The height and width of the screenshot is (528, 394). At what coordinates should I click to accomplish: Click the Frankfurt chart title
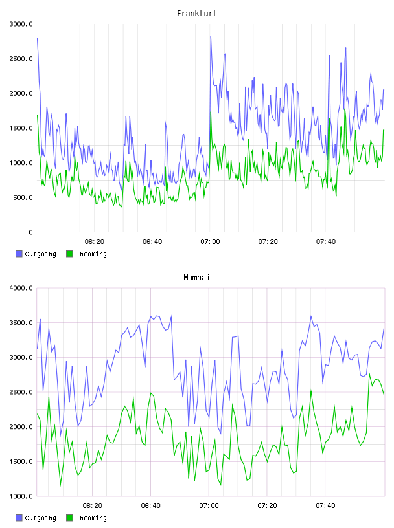[197, 14]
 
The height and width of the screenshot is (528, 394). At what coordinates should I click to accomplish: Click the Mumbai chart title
[196, 278]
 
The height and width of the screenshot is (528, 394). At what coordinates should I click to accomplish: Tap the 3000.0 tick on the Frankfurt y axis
[21, 24]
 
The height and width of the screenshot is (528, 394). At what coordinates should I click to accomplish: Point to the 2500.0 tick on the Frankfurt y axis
[21, 59]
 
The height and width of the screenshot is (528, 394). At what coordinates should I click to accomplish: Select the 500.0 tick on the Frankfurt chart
[23, 197]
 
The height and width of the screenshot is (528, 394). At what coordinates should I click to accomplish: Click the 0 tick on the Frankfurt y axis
[30, 232]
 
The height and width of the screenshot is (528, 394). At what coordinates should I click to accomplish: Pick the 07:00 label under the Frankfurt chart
[210, 242]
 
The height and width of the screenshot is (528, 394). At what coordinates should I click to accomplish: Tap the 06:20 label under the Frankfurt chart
[95, 242]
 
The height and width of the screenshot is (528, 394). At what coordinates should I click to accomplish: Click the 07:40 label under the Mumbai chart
[325, 506]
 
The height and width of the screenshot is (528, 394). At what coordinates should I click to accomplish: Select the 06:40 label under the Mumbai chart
[151, 506]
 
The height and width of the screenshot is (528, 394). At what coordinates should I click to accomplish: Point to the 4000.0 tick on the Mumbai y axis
[21, 288]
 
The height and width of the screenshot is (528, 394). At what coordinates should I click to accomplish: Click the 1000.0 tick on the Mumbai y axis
[21, 496]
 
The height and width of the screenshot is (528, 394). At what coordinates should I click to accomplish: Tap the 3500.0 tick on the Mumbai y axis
[21, 323]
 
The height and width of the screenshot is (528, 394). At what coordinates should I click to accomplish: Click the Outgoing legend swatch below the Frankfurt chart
[19, 254]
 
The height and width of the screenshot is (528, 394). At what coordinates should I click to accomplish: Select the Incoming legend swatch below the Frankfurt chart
[69, 254]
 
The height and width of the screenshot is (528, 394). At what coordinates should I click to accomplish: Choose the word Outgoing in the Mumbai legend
[40, 518]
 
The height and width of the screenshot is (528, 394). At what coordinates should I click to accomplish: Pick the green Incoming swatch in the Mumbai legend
[69, 518]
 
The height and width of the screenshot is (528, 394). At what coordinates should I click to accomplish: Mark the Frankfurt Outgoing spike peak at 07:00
[211, 36]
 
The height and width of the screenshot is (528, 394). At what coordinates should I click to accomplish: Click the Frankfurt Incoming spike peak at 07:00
[211, 112]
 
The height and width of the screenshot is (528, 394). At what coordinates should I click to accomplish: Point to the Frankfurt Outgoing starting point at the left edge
[37, 38]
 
